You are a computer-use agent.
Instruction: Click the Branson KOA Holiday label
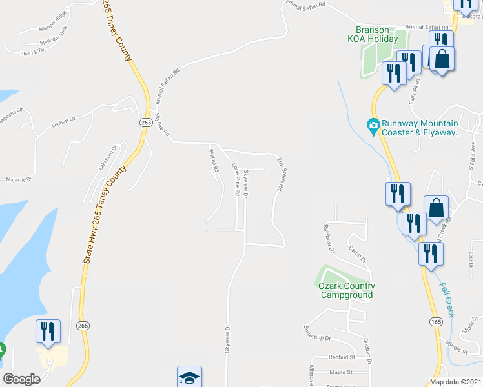378,34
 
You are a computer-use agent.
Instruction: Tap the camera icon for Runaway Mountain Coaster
373,124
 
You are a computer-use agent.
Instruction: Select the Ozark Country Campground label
346,291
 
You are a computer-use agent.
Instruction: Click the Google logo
21,379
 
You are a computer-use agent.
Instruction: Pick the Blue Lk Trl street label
32,51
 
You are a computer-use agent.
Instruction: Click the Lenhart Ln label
64,119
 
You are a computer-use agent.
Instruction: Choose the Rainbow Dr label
329,236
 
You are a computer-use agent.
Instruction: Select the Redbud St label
340,357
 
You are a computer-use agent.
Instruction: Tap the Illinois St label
457,350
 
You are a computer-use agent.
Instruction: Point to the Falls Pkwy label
414,92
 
